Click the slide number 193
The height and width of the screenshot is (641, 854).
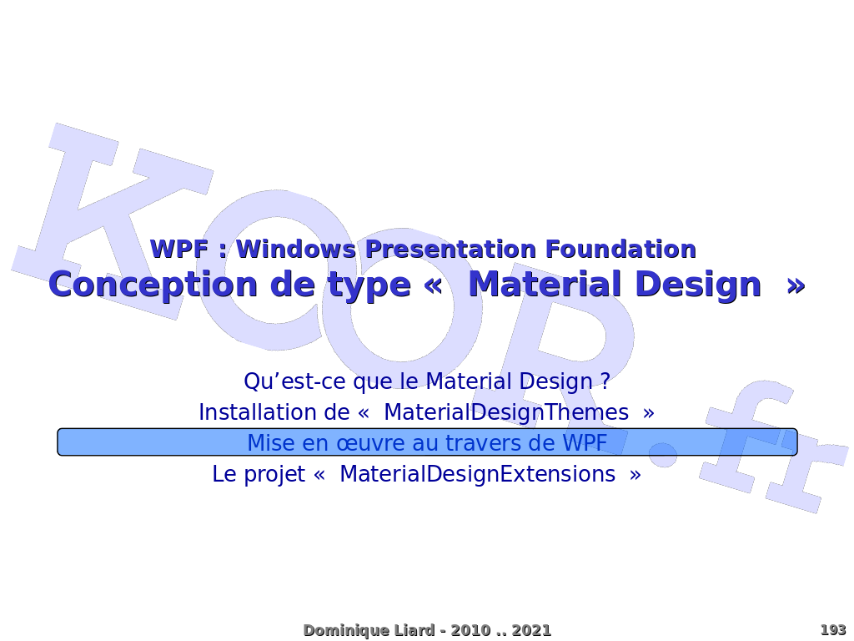point(833,630)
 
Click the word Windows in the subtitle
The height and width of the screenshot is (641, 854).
point(296,249)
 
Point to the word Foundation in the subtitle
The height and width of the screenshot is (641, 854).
point(620,249)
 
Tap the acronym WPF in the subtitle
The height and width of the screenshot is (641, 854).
point(178,249)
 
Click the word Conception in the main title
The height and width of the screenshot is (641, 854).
point(153,285)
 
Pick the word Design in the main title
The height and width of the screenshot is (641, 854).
point(698,285)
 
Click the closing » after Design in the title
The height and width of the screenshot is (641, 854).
point(796,286)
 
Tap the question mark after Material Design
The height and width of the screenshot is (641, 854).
point(605,381)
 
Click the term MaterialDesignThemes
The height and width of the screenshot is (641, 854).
point(506,412)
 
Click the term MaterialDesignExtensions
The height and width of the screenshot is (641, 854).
point(477,474)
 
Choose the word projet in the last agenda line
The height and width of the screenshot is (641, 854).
point(274,475)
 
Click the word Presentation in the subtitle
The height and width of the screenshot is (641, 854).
point(450,249)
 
